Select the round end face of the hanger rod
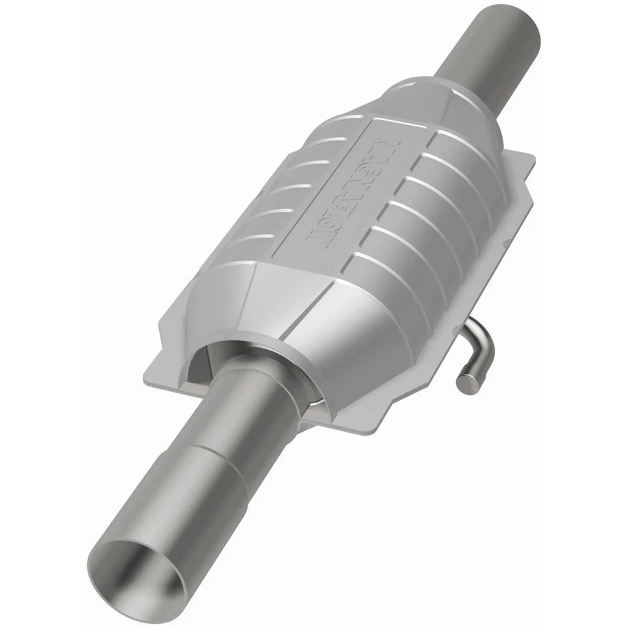[465, 384]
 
